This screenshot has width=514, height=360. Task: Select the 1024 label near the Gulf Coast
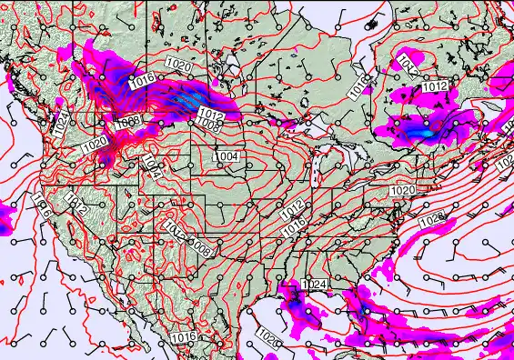[314, 285]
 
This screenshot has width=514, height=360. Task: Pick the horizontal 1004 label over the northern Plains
[226, 156]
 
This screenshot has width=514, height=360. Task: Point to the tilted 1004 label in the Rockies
[152, 166]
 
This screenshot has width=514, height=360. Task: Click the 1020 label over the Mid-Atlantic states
[402, 190]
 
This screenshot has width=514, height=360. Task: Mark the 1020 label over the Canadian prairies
[179, 65]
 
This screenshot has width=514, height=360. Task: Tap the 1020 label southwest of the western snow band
[95, 144]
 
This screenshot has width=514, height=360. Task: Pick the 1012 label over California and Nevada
[77, 208]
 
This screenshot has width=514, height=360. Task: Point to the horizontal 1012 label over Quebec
[435, 87]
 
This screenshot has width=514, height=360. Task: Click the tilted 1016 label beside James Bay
[358, 83]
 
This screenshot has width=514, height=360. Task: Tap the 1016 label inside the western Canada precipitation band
[141, 82]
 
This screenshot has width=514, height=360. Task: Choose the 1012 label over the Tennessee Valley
[291, 213]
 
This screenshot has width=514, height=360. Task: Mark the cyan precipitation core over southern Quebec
[420, 132]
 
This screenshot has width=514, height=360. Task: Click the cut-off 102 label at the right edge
[507, 162]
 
